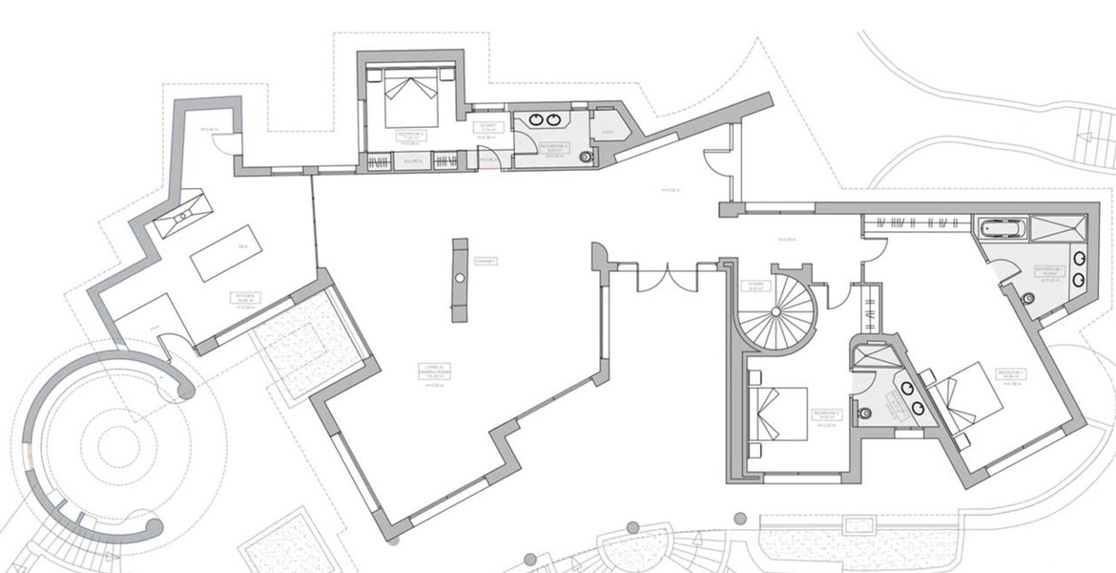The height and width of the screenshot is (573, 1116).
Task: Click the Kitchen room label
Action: pyautogui.click(x=245, y=298)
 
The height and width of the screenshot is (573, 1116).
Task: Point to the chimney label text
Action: pyautogui.click(x=486, y=260)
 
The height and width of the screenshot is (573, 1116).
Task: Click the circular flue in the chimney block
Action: pyautogui.click(x=460, y=277)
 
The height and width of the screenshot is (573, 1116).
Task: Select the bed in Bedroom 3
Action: pyautogui.click(x=412, y=96)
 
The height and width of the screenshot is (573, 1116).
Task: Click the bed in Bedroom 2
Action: pyautogui.click(x=781, y=413)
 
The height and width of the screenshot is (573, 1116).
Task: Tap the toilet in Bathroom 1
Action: pyautogui.click(x=1028, y=298)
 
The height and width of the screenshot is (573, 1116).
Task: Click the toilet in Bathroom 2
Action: pyautogui.click(x=865, y=414)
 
